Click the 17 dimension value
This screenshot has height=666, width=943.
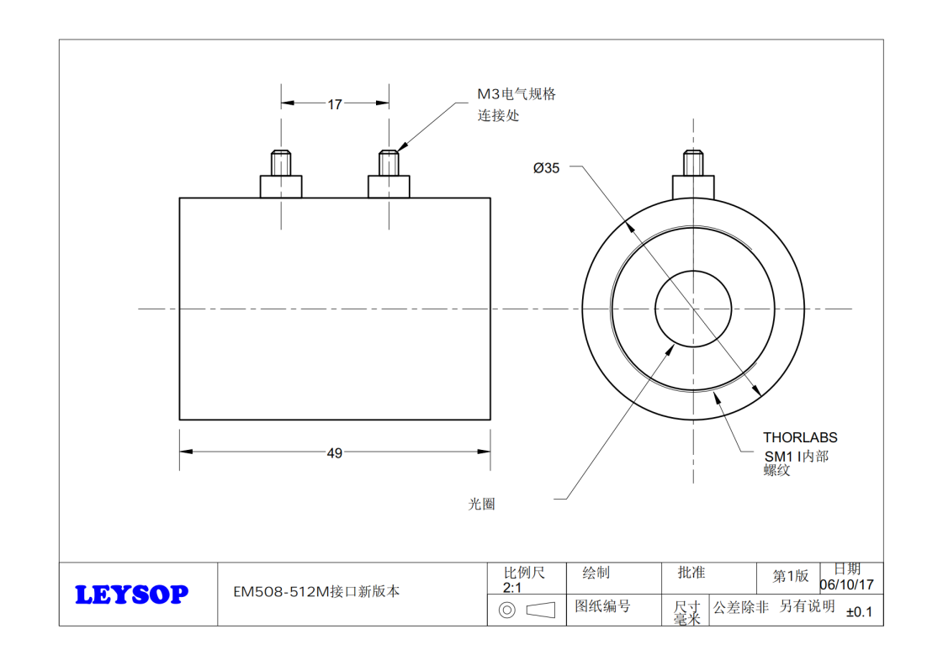(335, 104)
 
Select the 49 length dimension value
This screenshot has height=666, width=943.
(335, 453)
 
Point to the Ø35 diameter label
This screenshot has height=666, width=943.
(546, 167)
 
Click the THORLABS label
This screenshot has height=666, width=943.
(800, 437)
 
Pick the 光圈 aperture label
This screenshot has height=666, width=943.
(481, 505)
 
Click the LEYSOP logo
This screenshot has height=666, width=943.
(132, 595)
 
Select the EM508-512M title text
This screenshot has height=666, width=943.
(316, 591)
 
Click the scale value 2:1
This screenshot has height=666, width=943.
(512, 588)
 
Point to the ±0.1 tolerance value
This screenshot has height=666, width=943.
(859, 612)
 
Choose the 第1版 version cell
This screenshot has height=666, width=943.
(791, 576)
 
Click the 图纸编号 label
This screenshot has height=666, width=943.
(602, 606)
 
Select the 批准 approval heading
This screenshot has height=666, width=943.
(691, 573)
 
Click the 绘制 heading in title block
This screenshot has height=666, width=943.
(596, 573)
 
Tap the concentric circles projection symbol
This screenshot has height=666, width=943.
(507, 610)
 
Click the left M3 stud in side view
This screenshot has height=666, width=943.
(280, 174)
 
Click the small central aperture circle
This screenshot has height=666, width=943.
(692, 309)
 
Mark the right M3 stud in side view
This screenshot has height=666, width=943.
(389, 174)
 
